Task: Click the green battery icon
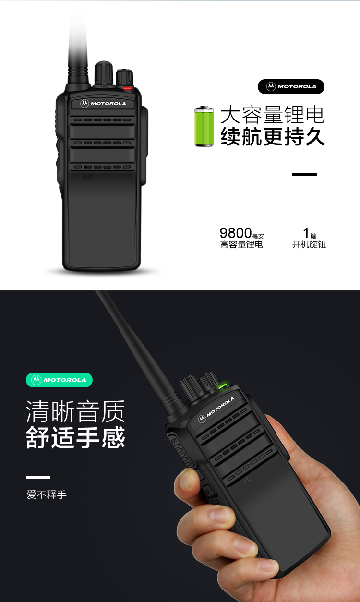tap(204, 126)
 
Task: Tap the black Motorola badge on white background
tap(291, 86)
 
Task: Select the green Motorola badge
tap(59, 380)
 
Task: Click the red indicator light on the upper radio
tap(127, 88)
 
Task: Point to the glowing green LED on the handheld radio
tap(222, 386)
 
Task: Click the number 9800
tap(236, 233)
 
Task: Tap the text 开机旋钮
tap(309, 244)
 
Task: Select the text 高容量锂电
tap(241, 244)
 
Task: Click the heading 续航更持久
tap(273, 136)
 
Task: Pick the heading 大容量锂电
tap(273, 115)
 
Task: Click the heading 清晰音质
tap(75, 411)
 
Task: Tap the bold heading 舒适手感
tap(75, 437)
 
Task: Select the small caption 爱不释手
tap(46, 494)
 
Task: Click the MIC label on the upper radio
tap(88, 177)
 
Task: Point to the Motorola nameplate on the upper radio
tap(103, 104)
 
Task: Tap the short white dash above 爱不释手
tap(38, 478)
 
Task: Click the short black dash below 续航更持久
tap(304, 174)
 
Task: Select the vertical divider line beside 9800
tap(278, 236)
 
